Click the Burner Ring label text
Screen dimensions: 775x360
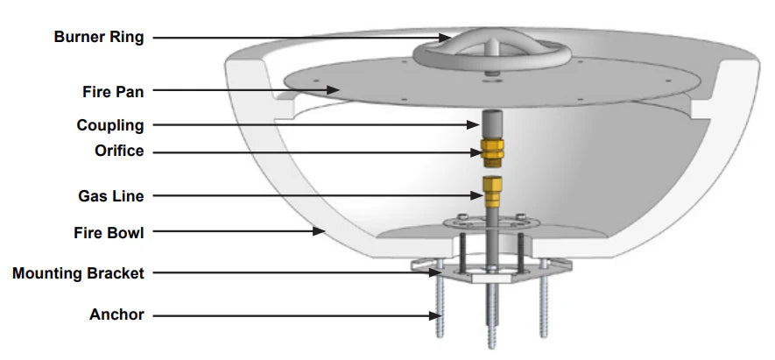tap(99, 37)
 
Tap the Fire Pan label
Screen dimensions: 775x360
tap(113, 91)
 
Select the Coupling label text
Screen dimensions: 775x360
tap(110, 125)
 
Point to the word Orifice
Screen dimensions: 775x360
tap(119, 151)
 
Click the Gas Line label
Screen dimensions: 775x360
tap(111, 196)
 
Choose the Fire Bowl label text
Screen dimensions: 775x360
tap(109, 232)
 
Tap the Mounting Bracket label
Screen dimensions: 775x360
tap(78, 273)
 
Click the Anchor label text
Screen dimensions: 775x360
tap(116, 314)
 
